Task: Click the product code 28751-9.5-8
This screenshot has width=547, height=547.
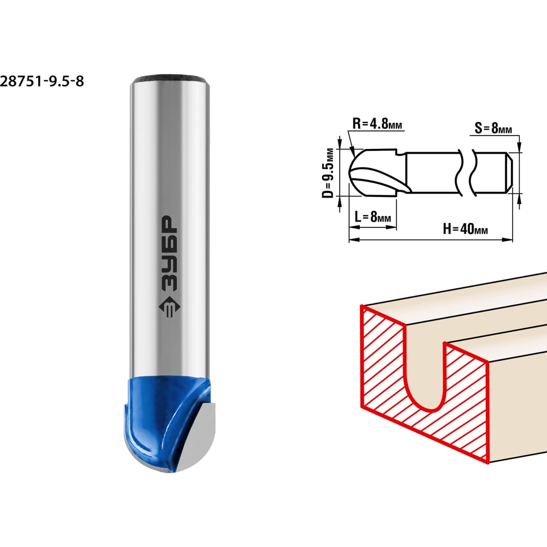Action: pos(42,82)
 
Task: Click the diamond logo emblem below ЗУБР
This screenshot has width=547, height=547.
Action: pos(170,307)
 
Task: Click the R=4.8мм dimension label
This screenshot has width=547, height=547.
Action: pos(377,124)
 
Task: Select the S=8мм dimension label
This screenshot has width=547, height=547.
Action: pos(493,128)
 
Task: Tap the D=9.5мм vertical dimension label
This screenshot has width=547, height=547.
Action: pos(328,173)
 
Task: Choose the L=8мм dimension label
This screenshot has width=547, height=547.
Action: pos(373,217)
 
